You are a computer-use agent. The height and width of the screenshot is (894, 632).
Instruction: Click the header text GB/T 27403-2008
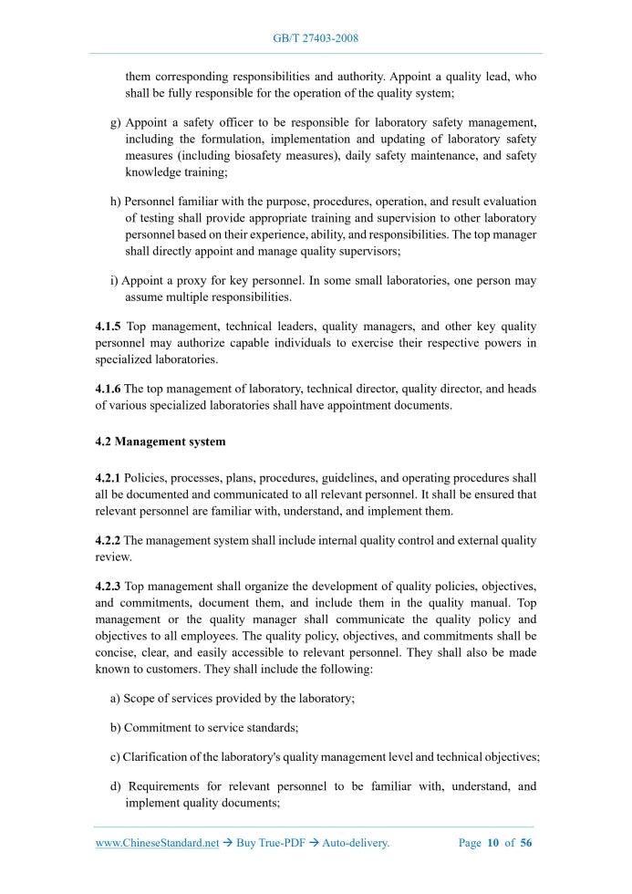[316, 38]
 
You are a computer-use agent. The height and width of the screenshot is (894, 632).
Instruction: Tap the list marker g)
[116, 122]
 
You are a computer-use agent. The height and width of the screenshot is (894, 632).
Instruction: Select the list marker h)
[116, 202]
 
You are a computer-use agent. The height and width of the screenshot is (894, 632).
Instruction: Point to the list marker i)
[114, 281]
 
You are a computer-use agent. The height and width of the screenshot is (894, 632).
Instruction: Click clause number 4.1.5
[109, 327]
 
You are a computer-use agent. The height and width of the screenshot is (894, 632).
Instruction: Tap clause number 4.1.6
[109, 389]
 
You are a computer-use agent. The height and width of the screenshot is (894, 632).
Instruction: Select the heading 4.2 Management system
[160, 442]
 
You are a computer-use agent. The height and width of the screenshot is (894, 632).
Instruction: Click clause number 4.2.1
[109, 478]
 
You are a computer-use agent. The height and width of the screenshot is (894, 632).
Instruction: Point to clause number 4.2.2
[109, 540]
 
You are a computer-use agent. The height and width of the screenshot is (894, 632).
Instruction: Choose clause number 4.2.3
[109, 586]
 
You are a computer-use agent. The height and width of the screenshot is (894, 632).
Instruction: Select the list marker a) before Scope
[116, 698]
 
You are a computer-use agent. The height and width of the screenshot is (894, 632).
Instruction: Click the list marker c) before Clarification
[116, 756]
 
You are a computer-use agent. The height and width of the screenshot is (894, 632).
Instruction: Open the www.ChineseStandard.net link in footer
[158, 843]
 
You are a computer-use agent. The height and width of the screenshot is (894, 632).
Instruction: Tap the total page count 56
[525, 843]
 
